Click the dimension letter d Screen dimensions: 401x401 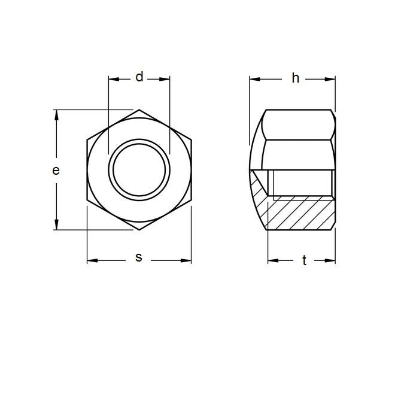point(139,77)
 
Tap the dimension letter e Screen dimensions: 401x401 point(56,171)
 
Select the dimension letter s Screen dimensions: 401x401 point(139,258)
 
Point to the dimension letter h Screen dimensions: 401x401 point(295,78)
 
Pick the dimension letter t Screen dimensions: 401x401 point(304,260)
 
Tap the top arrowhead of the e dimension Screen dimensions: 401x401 point(57,114)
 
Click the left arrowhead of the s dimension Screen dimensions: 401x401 point(92,260)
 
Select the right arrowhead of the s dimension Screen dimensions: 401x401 point(187,260)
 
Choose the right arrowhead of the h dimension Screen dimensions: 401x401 point(330,78)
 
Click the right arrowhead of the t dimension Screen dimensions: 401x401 point(330,260)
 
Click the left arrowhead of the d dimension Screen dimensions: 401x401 point(113,78)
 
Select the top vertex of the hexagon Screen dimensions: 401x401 point(139,110)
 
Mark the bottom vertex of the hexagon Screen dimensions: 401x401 point(139,230)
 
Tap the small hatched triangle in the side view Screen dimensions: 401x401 point(259,186)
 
